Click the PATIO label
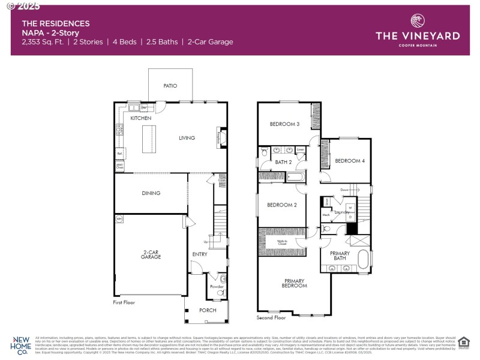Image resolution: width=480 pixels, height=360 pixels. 170,86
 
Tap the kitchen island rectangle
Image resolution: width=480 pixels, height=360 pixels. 144,140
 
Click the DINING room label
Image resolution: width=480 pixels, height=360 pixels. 151,193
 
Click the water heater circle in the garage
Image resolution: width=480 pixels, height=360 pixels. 119,220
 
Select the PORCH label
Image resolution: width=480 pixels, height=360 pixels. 208,310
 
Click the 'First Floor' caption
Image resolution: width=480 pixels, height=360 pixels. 124,303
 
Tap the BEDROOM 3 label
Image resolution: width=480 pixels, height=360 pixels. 284,124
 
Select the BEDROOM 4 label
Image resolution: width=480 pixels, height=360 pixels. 349,161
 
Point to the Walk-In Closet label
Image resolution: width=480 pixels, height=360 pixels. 282,242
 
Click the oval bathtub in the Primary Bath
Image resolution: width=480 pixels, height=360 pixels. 364,260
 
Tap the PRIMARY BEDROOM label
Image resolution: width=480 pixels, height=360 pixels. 295,283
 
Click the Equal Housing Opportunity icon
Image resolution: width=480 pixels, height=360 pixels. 463,342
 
